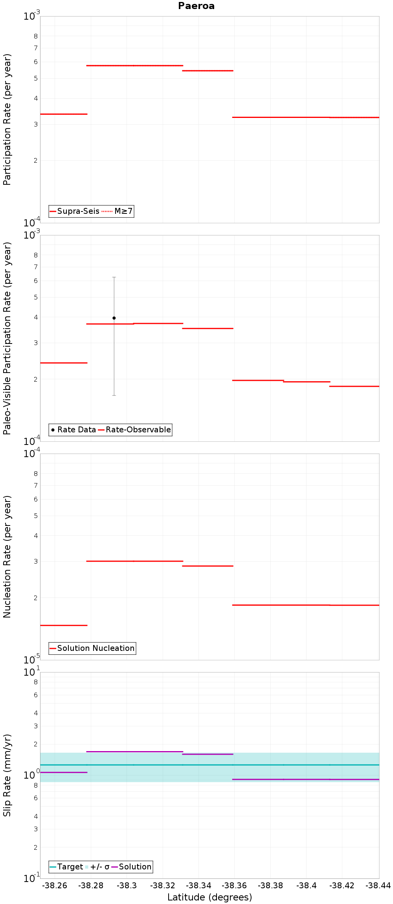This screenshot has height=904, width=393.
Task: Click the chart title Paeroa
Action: [x=196, y=6]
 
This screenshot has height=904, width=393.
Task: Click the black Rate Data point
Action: [x=114, y=318]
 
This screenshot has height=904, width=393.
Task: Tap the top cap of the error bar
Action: [x=114, y=277]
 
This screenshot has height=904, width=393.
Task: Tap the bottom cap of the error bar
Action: [x=114, y=395]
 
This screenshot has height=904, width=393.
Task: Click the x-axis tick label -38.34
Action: [x=198, y=886]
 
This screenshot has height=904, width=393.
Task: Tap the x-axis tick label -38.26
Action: [x=55, y=886]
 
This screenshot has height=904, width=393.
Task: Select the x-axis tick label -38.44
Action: [x=378, y=886]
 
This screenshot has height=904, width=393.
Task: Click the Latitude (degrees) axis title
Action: [x=209, y=897]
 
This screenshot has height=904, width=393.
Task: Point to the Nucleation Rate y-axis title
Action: [x=7, y=557]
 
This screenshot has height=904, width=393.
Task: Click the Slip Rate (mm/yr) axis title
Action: [x=7, y=775]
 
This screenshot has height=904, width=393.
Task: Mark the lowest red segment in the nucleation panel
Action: [x=64, y=625]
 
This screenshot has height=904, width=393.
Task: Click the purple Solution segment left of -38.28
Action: [x=64, y=772]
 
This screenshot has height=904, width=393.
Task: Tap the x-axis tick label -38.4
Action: [x=306, y=886]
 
